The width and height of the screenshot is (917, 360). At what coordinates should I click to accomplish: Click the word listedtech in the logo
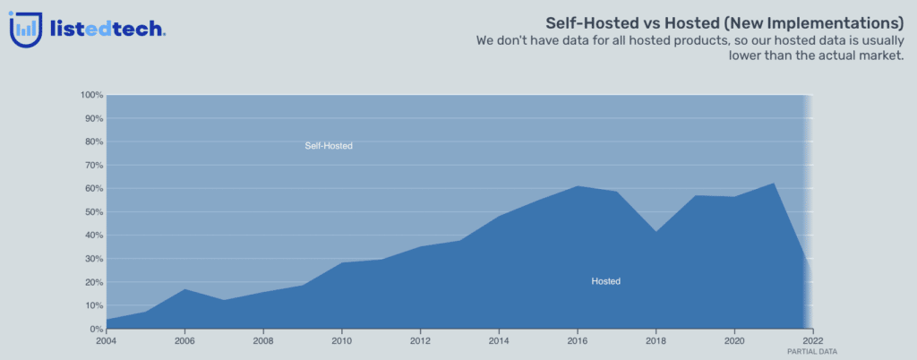point(107,29)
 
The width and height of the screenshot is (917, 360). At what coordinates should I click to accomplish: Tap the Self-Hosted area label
point(329,145)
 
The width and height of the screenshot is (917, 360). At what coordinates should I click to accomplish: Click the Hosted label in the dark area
point(606,281)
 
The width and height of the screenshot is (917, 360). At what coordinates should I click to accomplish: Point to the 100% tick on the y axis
point(91,95)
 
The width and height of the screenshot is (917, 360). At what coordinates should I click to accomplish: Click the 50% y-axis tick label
point(93,211)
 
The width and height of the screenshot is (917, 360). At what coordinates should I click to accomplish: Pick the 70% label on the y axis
point(93,165)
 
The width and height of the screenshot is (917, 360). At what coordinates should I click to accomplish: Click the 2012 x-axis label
point(420,339)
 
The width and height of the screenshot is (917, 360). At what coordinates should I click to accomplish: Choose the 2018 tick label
point(656,339)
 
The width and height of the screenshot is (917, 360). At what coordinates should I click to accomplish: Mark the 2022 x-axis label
point(812,339)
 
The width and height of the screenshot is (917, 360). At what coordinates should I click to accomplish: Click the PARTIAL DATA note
point(812,351)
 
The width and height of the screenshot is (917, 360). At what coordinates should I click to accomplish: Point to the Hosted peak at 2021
point(774,183)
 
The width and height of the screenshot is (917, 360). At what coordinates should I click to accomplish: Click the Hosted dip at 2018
point(656,231)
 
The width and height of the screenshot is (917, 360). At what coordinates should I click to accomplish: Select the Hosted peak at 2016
point(578,186)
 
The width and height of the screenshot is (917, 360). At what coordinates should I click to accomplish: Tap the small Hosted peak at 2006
point(184,288)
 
